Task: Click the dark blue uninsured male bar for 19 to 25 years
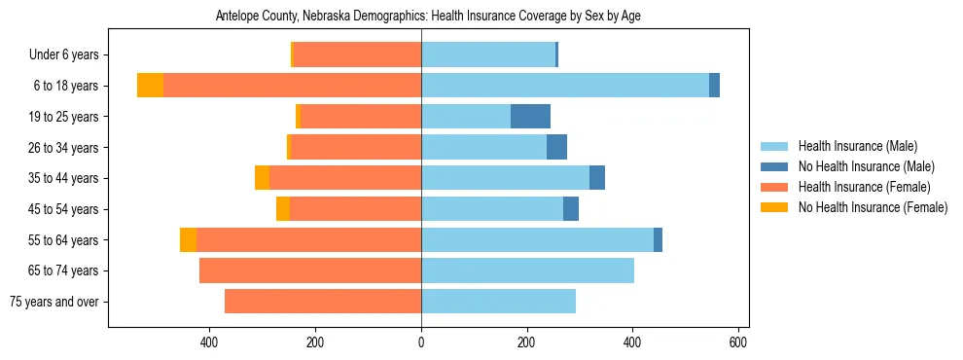[x=530, y=117]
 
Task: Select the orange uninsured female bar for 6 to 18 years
[x=150, y=86]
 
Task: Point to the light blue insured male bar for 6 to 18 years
[x=564, y=86]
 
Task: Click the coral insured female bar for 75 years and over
[x=323, y=302]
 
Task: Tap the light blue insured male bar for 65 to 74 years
[x=527, y=270]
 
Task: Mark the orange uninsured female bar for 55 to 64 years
[x=188, y=239]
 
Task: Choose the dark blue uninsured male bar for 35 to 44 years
[x=597, y=178]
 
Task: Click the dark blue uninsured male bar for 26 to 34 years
[x=556, y=147]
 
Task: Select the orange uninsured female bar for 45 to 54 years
[x=283, y=209]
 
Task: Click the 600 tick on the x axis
[x=738, y=342]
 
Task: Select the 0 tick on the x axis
[x=421, y=342]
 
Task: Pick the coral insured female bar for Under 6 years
[x=357, y=54]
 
